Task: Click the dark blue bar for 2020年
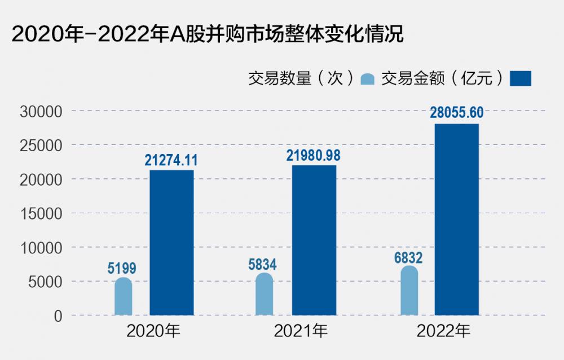point(171,243)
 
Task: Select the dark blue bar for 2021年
point(314,240)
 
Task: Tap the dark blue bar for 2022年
point(457,219)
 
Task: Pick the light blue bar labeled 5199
point(124,296)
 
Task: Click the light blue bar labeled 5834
point(265,294)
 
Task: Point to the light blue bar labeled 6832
point(409,291)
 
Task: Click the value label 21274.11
point(171,160)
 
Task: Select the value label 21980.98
point(313,156)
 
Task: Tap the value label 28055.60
point(457,113)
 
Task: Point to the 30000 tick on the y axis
point(41,112)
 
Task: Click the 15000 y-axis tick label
point(41,214)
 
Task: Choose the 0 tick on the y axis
point(58,316)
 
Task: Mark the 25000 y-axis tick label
point(41,146)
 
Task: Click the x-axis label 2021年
point(301,331)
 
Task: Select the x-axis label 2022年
point(443,331)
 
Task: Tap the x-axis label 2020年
point(153,331)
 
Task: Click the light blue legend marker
point(367,79)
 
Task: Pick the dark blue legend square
point(521,78)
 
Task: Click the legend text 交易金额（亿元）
point(442,78)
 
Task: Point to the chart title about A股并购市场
point(208,34)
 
